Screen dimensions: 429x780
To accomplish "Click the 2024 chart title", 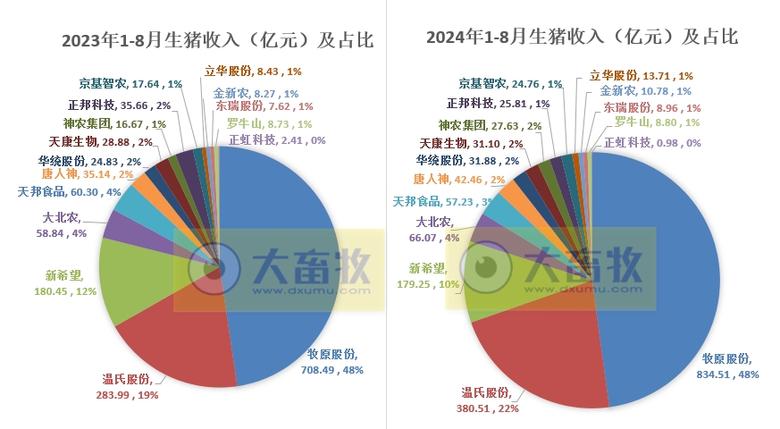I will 582,37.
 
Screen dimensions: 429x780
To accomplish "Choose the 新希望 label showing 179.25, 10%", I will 427,276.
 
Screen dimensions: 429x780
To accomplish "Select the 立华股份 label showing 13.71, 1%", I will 642,76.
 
